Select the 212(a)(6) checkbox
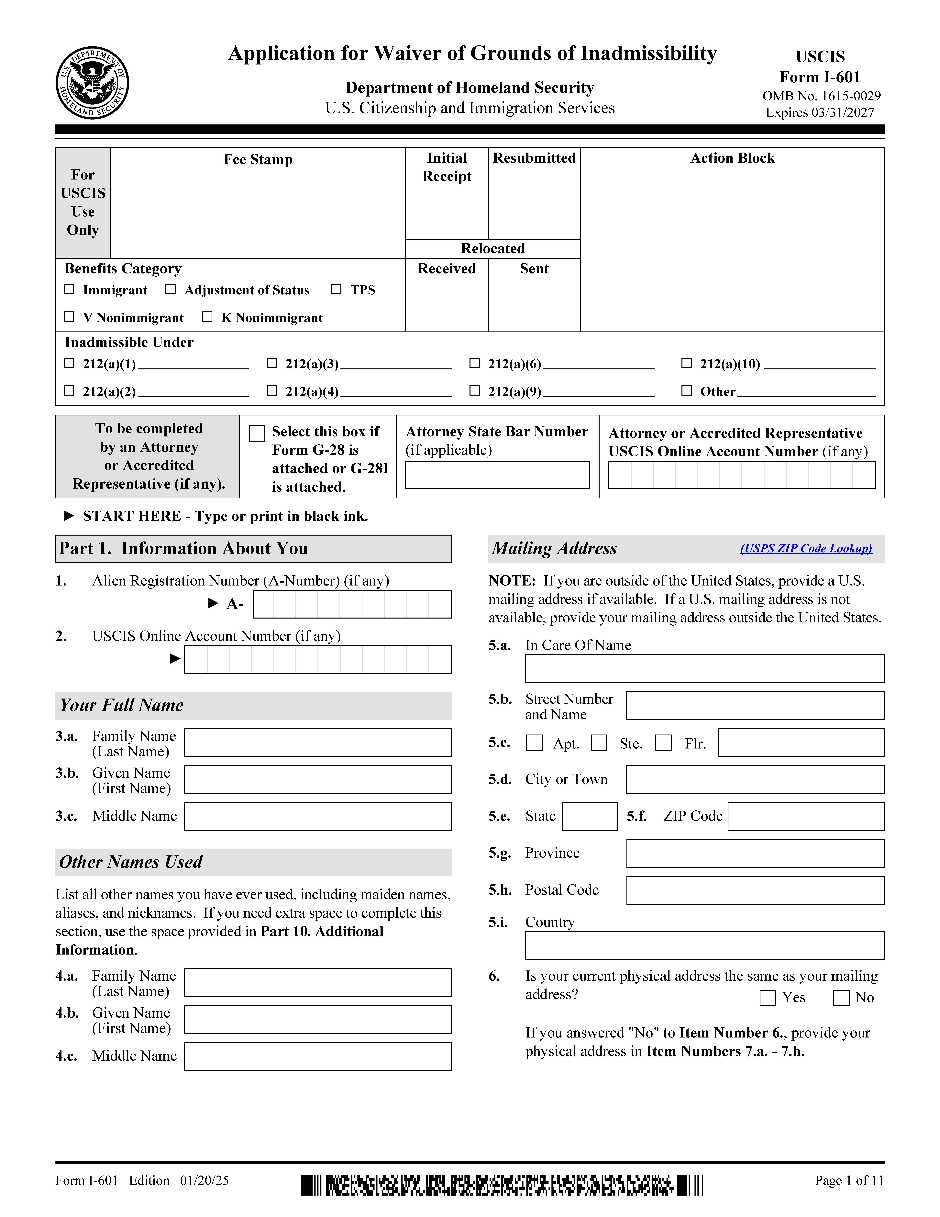474,363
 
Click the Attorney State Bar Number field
497,475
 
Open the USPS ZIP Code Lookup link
806,548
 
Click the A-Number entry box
352,604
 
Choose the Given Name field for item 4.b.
317,1019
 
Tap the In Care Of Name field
704,669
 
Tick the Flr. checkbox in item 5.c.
663,743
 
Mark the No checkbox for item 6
841,997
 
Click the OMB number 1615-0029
821,96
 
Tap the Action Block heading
732,158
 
